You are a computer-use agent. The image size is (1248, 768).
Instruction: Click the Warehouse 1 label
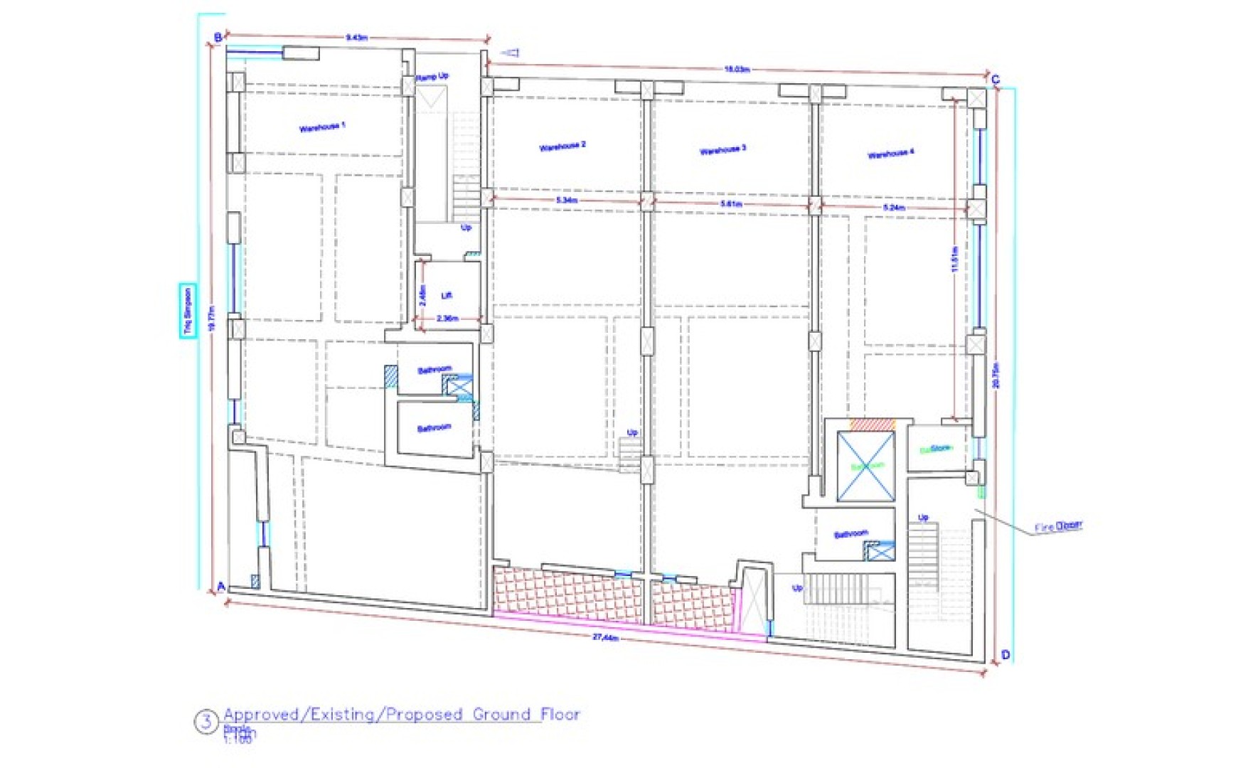click(322, 127)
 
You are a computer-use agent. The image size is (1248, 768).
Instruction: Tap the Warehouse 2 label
click(562, 146)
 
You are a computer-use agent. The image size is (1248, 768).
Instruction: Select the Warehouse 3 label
click(722, 149)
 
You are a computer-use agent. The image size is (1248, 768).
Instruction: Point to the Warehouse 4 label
click(890, 154)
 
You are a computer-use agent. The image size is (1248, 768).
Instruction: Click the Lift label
click(447, 295)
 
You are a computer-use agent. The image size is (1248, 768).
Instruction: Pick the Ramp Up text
click(432, 76)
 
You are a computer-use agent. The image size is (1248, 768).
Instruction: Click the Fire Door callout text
click(1058, 526)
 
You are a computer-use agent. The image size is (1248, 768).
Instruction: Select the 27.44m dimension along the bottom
click(605, 637)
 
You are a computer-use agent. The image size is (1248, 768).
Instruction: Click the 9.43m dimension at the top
click(356, 37)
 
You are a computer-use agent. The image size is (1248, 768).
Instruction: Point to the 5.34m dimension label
click(567, 201)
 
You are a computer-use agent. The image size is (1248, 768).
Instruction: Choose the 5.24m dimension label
click(894, 208)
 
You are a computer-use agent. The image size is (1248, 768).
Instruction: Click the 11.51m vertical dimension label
click(954, 259)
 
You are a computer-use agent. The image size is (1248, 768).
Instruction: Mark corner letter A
click(221, 587)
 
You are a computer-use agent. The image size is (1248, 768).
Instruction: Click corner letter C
click(995, 80)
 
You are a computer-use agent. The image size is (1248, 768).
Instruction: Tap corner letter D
click(1005, 655)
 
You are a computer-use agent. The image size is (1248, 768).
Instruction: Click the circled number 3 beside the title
click(206, 722)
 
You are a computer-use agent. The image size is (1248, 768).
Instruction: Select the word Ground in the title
click(502, 714)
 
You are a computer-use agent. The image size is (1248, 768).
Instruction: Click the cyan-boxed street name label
click(188, 311)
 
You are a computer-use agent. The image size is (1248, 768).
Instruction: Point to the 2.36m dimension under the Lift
click(447, 319)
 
